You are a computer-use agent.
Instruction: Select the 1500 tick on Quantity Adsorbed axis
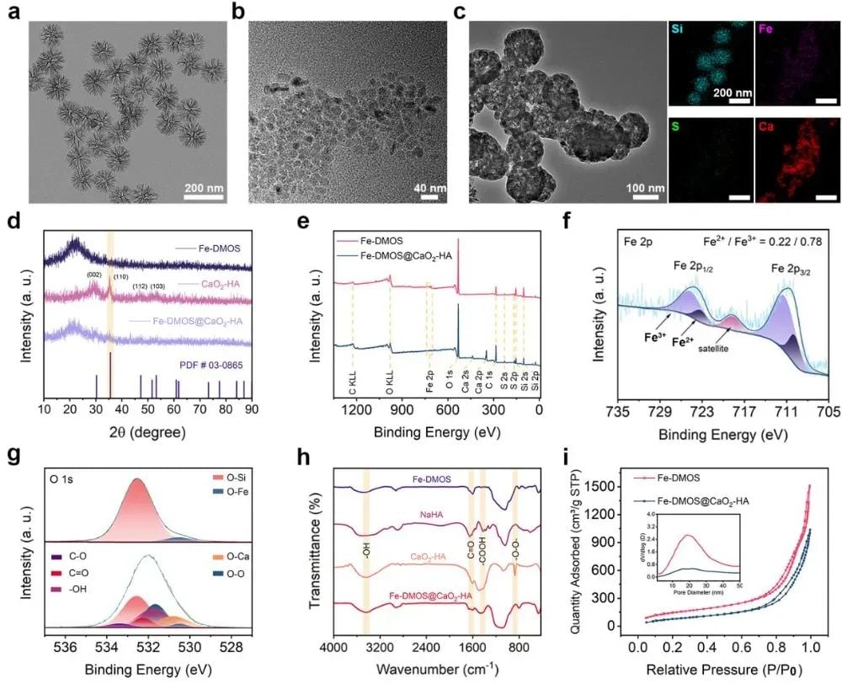[616, 486]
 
